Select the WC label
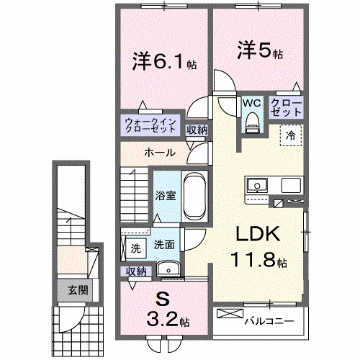[x=251, y=103]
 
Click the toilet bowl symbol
[x=251, y=125]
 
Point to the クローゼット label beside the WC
[x=286, y=108]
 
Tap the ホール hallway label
[x=158, y=153]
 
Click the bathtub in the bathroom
[x=194, y=196]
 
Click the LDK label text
[x=256, y=234]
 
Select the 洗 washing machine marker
[x=135, y=248]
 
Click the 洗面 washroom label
[x=163, y=244]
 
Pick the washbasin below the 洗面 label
[x=168, y=269]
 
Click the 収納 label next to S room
[x=137, y=271]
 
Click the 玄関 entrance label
[x=78, y=291]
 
